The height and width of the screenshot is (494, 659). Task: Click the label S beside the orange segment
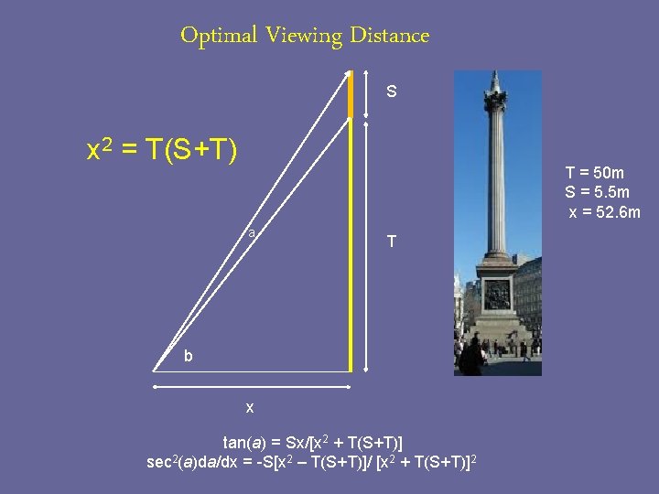click(392, 92)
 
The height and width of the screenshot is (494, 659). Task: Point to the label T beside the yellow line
click(392, 242)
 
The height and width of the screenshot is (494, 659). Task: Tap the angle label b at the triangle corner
click(188, 356)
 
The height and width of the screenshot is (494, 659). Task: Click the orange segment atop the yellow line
click(351, 94)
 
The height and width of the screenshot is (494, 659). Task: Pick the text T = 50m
click(595, 172)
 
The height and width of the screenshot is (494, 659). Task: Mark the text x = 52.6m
click(604, 212)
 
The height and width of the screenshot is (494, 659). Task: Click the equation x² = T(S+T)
click(161, 149)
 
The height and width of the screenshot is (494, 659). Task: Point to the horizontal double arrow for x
click(253, 388)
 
